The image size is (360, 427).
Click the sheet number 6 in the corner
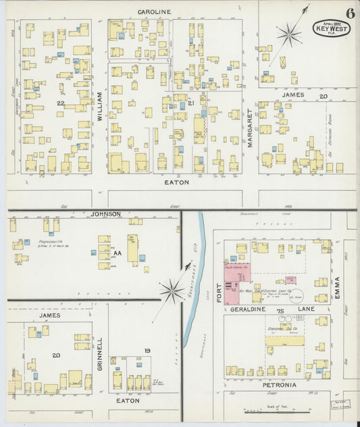350,13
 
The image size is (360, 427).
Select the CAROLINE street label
154,11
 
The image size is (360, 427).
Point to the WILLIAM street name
99,106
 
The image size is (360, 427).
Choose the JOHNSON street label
105,214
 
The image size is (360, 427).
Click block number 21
191,103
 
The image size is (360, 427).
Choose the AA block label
116,253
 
